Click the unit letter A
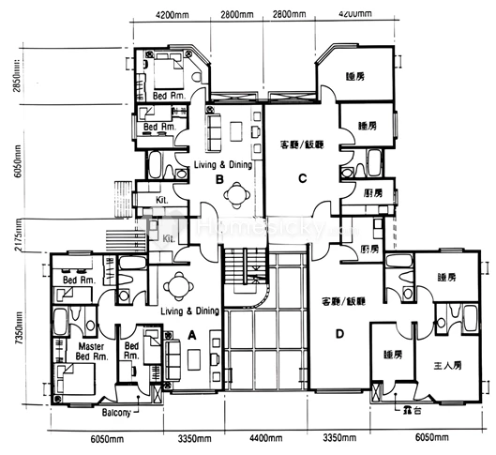[192, 333]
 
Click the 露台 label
[410, 411]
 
